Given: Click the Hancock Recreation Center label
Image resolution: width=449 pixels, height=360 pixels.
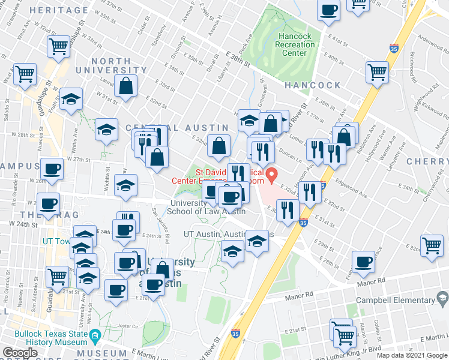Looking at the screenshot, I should [x=295, y=44].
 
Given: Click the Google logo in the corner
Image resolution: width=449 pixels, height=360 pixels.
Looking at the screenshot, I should [x=20, y=353].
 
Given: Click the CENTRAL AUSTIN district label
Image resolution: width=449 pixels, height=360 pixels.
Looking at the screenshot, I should [x=178, y=128].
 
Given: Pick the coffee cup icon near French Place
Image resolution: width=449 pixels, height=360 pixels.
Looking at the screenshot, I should [x=363, y=262].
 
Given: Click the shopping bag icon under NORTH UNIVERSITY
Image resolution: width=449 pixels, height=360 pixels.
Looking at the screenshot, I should [x=127, y=86].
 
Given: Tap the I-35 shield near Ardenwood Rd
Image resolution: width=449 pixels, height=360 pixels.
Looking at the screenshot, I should [x=394, y=48].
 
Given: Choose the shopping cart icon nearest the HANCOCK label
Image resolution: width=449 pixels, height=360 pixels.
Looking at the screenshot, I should [x=378, y=71].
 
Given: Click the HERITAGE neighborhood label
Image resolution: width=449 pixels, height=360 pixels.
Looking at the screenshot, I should [x=58, y=10].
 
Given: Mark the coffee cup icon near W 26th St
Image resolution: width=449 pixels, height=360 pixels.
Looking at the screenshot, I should [x=52, y=169].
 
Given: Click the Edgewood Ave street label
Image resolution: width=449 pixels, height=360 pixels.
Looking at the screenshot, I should [x=352, y=187].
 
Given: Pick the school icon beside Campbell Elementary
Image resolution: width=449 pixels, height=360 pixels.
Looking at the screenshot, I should [x=442, y=298].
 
